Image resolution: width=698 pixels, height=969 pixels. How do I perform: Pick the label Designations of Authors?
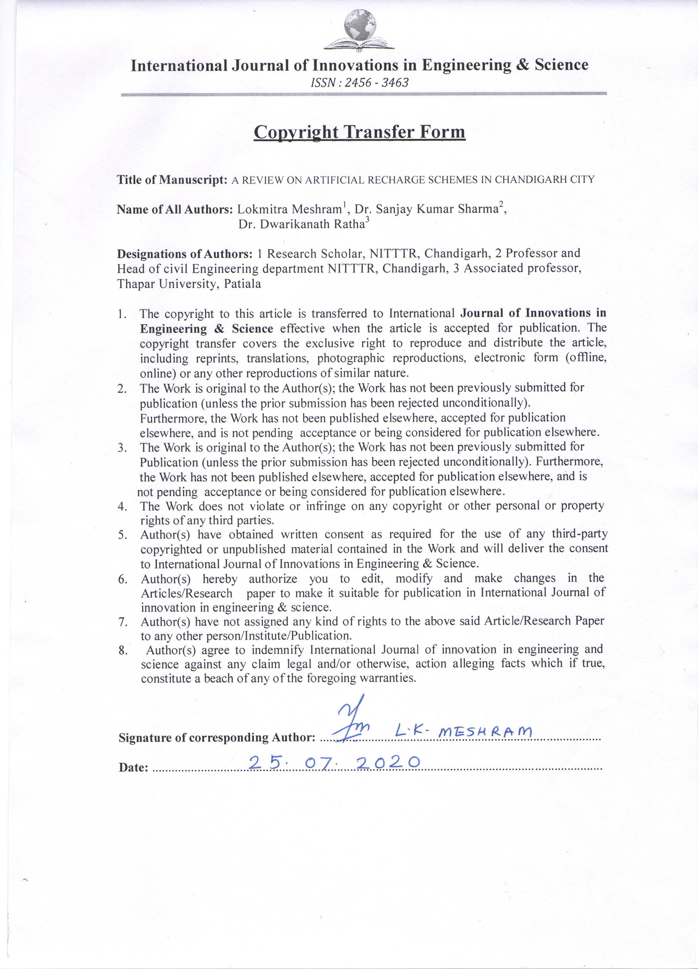[x=185, y=254]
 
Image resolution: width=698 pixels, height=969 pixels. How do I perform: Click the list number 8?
[x=123, y=650]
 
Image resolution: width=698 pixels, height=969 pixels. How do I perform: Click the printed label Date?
[x=133, y=768]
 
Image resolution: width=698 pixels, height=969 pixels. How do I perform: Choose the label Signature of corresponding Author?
[x=217, y=738]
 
